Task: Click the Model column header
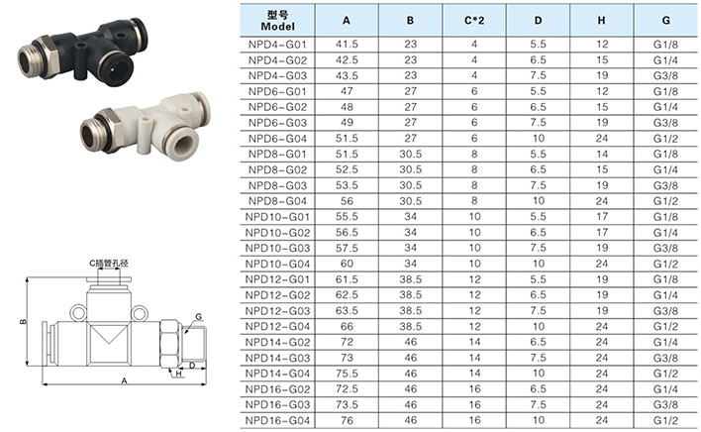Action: [x=277, y=21]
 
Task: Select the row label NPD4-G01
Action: [x=277, y=45]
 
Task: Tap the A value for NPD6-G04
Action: [x=347, y=139]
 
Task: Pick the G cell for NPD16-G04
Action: [x=665, y=421]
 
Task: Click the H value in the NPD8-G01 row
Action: [x=602, y=155]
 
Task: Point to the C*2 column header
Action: [x=474, y=21]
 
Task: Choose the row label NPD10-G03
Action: [x=277, y=248]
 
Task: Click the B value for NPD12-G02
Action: [x=411, y=295]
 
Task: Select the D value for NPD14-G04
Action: [x=539, y=374]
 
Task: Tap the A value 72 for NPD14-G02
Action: [x=347, y=342]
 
